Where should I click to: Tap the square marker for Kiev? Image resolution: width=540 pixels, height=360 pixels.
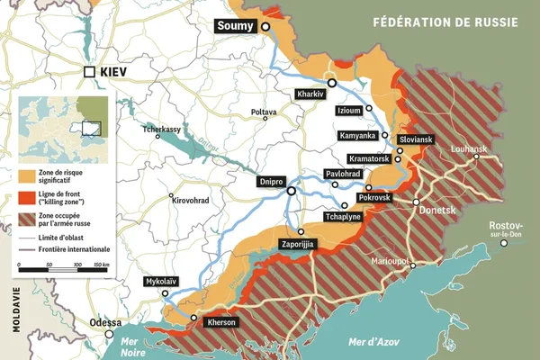89,71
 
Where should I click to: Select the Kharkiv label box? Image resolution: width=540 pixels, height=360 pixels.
310,94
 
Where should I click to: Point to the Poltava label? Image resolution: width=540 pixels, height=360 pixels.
264,112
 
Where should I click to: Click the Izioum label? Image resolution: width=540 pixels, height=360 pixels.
348,111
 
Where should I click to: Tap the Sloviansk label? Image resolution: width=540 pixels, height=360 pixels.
417,139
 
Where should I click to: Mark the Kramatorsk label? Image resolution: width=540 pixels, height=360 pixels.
367,159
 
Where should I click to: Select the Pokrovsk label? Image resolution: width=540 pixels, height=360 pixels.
374,197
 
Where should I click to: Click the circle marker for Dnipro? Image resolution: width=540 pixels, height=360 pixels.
291,191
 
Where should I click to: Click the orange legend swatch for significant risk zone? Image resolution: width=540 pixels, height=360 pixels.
25,173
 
